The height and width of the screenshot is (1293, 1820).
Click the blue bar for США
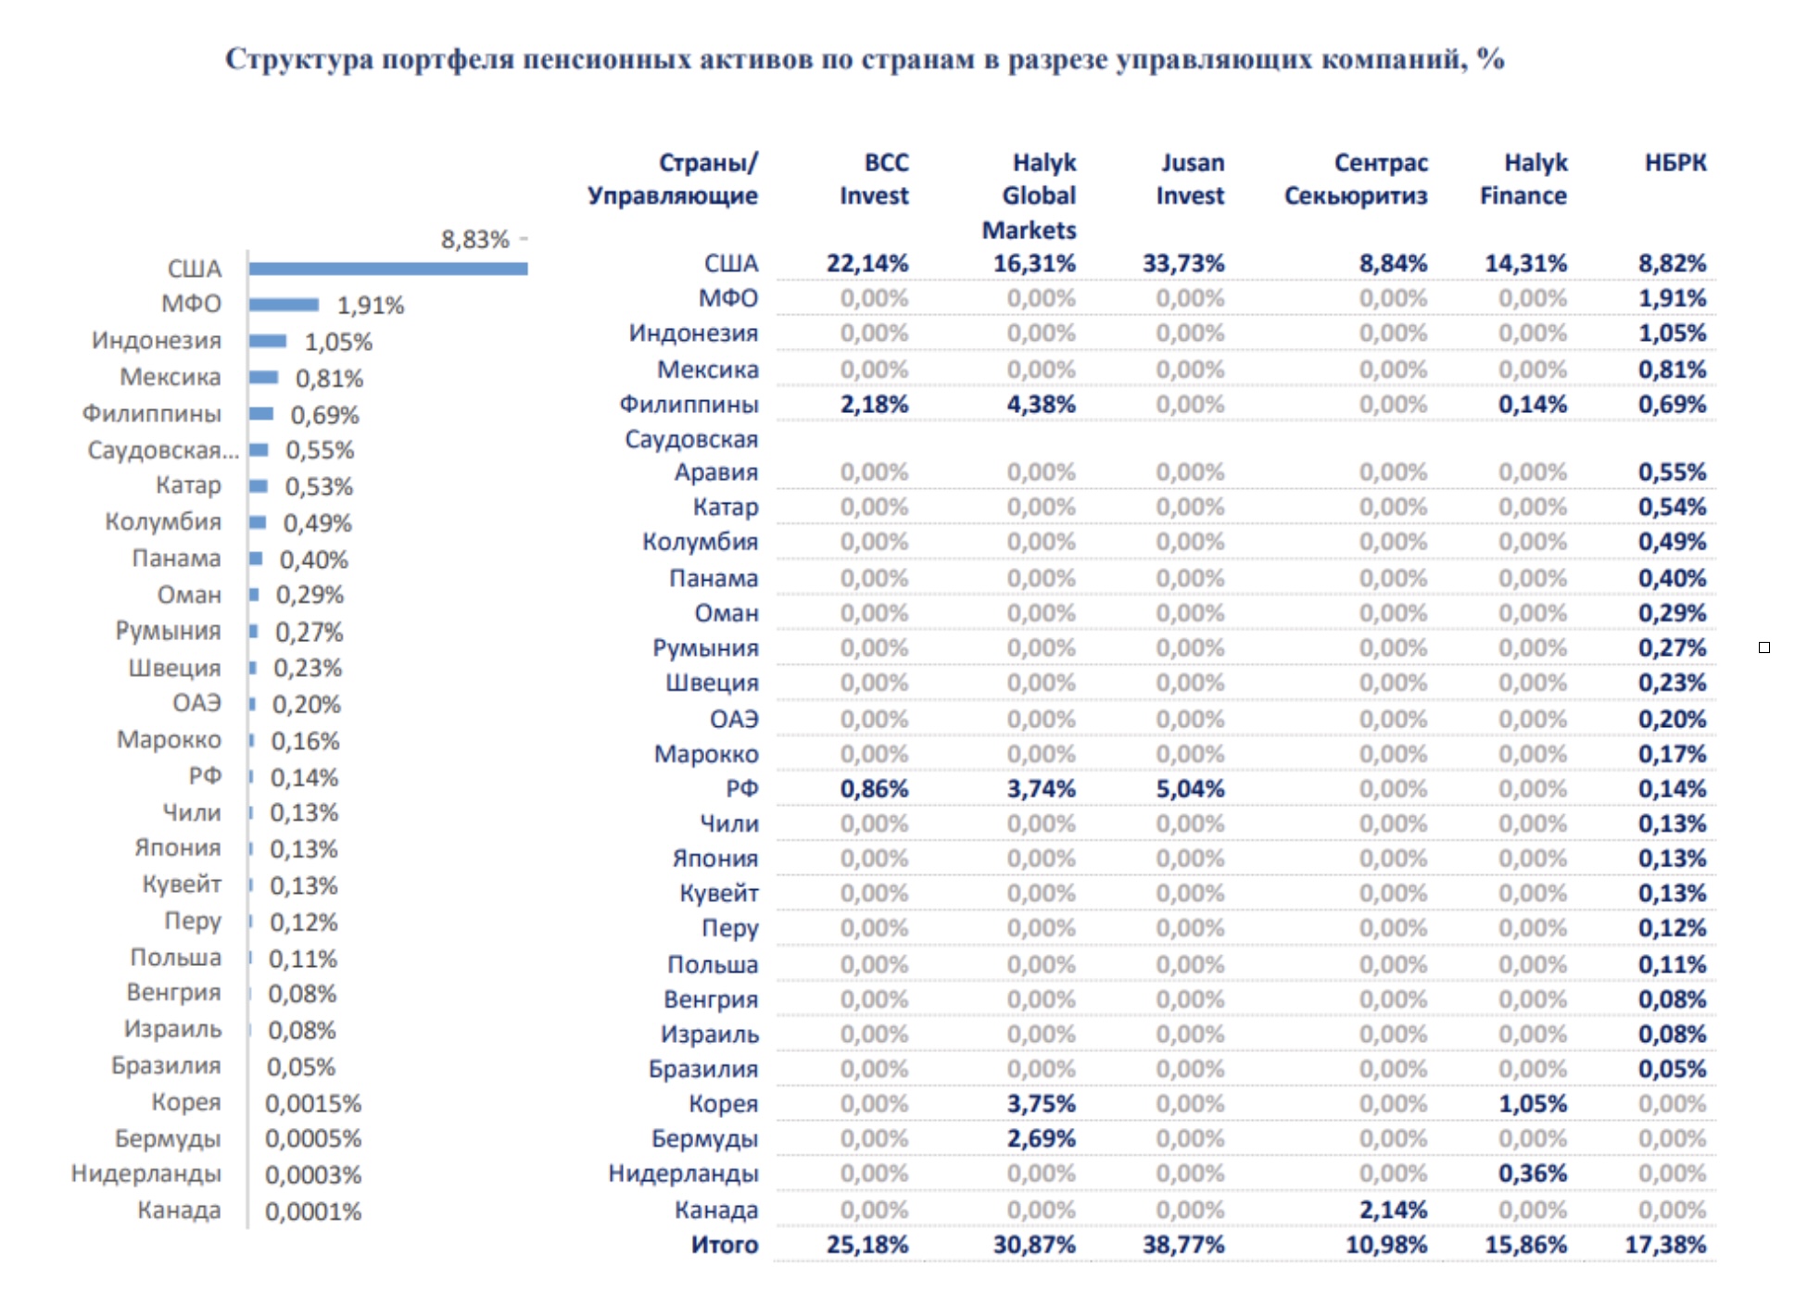pyautogui.click(x=388, y=269)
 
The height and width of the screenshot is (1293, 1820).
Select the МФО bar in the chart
pyautogui.click(x=284, y=305)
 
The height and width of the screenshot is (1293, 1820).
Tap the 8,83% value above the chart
pyautogui.click(x=474, y=239)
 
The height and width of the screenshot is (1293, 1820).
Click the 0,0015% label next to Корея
pyautogui.click(x=313, y=1103)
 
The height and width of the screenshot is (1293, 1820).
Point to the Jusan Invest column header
pyautogui.click(x=1191, y=179)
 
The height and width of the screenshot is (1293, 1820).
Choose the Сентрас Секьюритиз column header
pyautogui.click(x=1357, y=179)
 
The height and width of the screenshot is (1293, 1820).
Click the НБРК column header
pyautogui.click(x=1675, y=162)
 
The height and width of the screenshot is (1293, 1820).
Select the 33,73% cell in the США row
pyautogui.click(x=1183, y=263)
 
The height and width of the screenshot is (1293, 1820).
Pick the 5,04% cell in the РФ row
pyautogui.click(x=1190, y=789)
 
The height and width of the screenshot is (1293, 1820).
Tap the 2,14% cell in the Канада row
pyautogui.click(x=1393, y=1210)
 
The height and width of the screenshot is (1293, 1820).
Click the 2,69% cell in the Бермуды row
pyautogui.click(x=1042, y=1138)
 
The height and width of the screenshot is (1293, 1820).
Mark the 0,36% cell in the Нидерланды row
pyautogui.click(x=1533, y=1174)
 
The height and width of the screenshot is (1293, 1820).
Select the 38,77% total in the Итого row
pyautogui.click(x=1183, y=1245)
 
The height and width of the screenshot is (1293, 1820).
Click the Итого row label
pyautogui.click(x=725, y=1245)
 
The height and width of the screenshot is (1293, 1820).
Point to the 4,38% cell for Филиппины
pyautogui.click(x=1042, y=405)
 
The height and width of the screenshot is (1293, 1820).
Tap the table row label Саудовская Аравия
pyautogui.click(x=691, y=456)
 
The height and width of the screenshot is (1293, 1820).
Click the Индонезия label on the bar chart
pyautogui.click(x=157, y=341)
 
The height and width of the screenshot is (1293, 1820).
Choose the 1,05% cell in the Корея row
pyautogui.click(x=1533, y=1104)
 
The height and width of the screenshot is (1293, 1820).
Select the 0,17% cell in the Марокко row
pyautogui.click(x=1672, y=754)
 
